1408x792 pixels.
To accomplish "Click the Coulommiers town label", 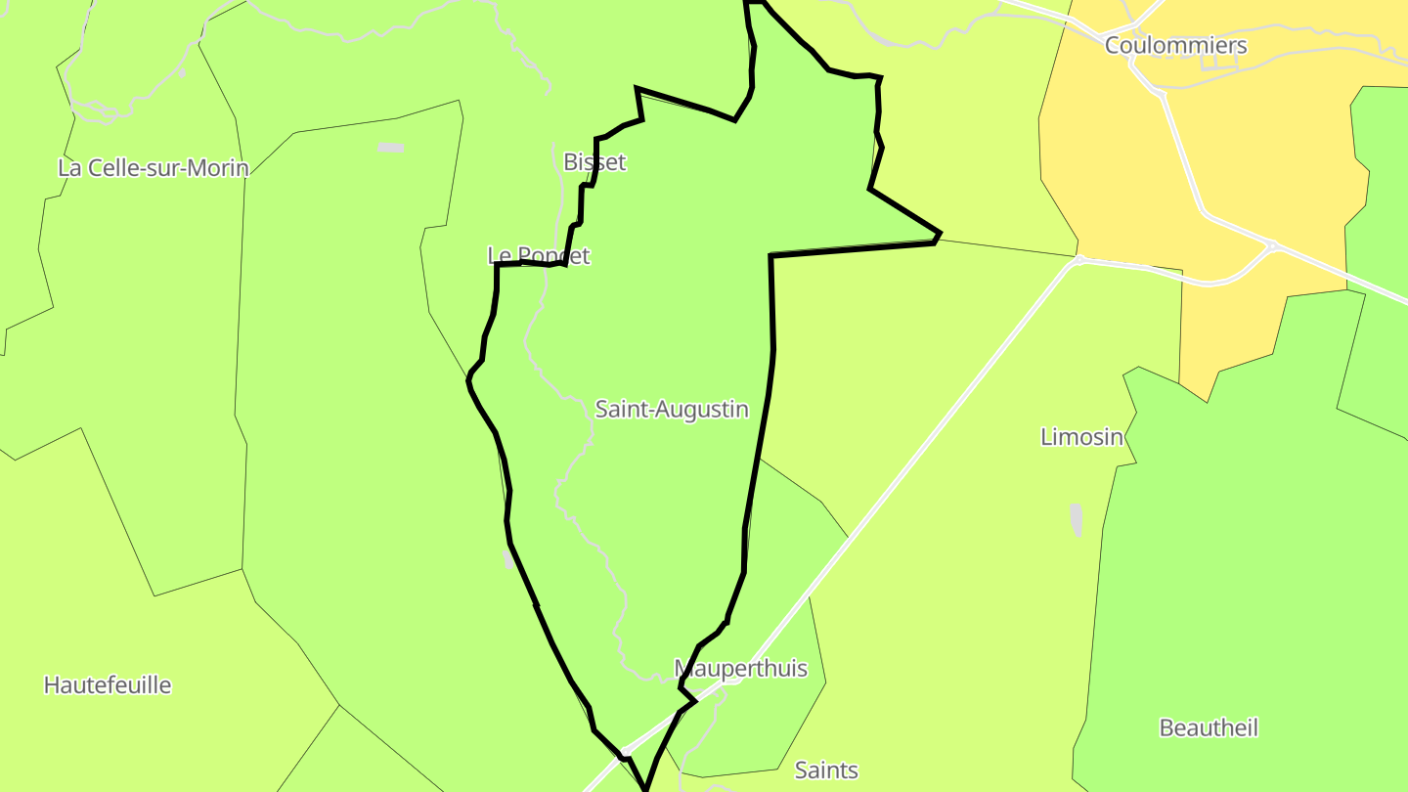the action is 1175,46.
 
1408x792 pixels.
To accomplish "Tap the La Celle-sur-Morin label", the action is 153,168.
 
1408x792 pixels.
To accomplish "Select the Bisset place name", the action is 594,161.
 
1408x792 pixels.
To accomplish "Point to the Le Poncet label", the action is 539,256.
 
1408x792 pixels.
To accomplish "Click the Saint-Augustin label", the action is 672,410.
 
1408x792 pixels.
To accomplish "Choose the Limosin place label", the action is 1081,437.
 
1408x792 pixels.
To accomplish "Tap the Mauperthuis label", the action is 740,669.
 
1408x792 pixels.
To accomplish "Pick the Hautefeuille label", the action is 108,685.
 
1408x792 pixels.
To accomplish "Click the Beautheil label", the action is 1208,728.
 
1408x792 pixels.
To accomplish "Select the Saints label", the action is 826,770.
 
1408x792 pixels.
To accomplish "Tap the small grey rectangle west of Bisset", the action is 390,148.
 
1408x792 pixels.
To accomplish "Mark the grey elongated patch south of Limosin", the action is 1077,519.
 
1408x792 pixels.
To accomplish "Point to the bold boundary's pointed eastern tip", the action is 940,234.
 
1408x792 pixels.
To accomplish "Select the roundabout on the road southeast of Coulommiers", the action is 1272,244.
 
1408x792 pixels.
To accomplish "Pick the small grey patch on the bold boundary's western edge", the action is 507,559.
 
